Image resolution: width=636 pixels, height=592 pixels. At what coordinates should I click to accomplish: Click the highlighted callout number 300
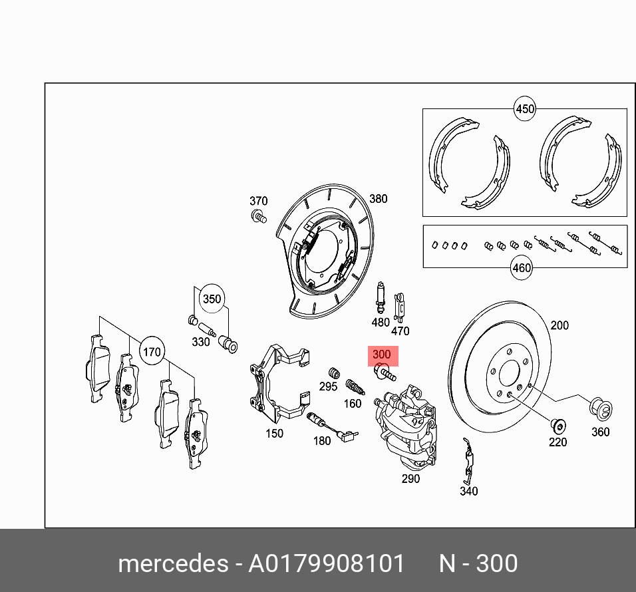coord(382,355)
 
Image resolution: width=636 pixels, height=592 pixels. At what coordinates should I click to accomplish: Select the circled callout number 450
coord(525,109)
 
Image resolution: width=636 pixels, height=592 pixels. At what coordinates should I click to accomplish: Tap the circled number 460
coord(521,268)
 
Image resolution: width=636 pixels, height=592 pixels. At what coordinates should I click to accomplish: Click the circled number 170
coord(152,352)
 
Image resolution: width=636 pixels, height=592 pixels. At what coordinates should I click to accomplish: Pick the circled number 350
coord(212,299)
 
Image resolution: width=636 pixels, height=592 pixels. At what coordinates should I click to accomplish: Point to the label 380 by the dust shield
coord(378,199)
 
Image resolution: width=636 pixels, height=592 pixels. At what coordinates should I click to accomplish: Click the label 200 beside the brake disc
coord(559,325)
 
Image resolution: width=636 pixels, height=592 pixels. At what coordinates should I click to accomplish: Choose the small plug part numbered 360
coord(601,409)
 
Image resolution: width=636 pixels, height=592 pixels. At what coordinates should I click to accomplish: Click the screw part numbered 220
coord(557,424)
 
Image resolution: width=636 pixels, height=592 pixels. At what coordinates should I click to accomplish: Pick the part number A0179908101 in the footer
coord(326,564)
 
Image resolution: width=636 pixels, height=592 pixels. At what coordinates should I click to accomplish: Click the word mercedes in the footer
coord(172,564)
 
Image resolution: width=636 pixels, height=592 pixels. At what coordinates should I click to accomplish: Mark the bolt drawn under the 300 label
coord(385,374)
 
